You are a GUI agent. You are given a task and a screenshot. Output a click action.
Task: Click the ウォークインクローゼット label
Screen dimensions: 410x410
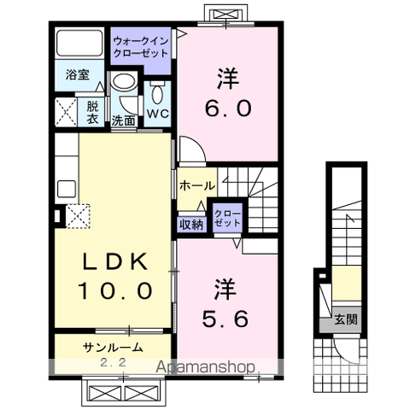(x=142, y=44)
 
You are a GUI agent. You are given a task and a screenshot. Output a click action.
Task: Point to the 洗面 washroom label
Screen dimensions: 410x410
(x=124, y=120)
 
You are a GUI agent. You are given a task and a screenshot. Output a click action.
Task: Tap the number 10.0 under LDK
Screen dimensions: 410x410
(x=115, y=290)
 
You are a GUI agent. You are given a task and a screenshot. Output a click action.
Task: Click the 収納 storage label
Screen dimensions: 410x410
(x=191, y=224)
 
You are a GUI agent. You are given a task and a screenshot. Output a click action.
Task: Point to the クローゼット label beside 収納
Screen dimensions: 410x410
(x=226, y=218)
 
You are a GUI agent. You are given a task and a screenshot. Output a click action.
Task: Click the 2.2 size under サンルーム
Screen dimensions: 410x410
(x=113, y=362)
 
